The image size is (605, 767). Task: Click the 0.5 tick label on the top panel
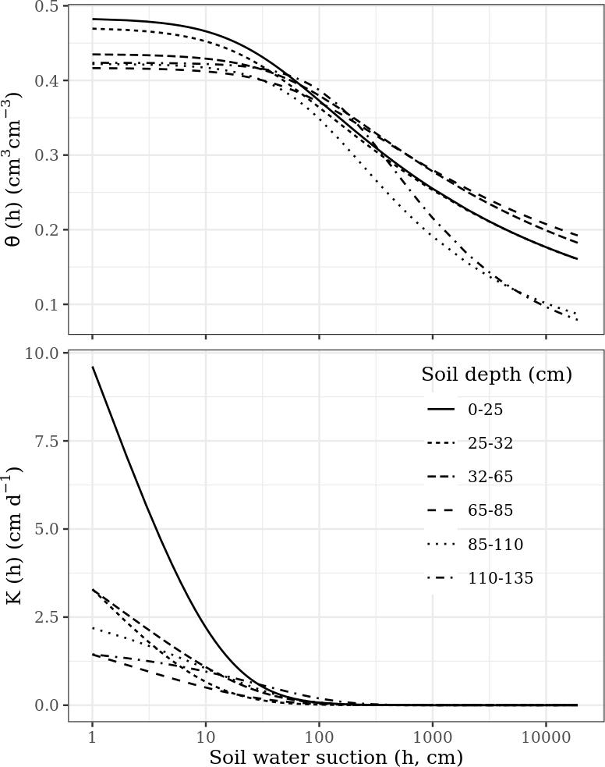pos(48,7)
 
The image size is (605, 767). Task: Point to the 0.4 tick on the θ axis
pos(48,81)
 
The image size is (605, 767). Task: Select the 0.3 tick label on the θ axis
pos(48,155)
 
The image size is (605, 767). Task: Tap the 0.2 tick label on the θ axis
pos(48,230)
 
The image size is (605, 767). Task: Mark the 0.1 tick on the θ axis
pos(48,304)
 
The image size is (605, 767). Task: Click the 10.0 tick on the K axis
pos(45,353)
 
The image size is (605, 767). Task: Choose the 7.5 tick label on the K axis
pos(48,442)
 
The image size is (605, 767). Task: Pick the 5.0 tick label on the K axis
pos(48,529)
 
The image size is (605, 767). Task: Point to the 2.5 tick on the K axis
pos(48,617)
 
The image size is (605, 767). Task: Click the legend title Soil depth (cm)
pos(497,375)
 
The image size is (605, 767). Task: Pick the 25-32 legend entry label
pos(490,443)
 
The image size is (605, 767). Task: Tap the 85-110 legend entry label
pos(495,544)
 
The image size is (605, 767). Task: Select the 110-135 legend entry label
pos(500,578)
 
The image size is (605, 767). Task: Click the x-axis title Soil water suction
pos(336,757)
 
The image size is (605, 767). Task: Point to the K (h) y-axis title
pos(13,535)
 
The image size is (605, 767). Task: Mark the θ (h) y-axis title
pos(13,169)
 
